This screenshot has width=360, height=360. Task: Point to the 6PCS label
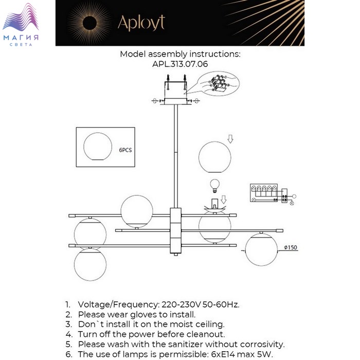tap(125, 150)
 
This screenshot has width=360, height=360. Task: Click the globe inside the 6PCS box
tap(97, 146)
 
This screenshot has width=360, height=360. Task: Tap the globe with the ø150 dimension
tap(261, 249)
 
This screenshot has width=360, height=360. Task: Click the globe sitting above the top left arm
tap(137, 211)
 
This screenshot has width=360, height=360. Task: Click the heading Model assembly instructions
tap(180, 53)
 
